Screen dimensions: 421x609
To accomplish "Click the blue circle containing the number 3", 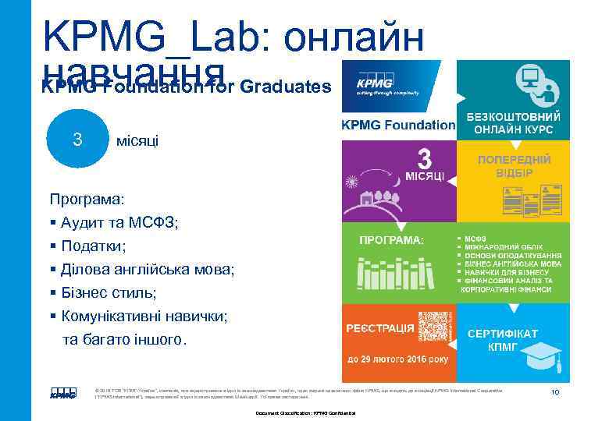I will (x=77, y=140).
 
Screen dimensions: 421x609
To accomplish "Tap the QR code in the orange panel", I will (x=434, y=327).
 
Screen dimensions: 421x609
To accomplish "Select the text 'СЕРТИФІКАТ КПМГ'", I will (x=502, y=339).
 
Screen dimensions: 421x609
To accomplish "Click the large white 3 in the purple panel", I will (x=424, y=159).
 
